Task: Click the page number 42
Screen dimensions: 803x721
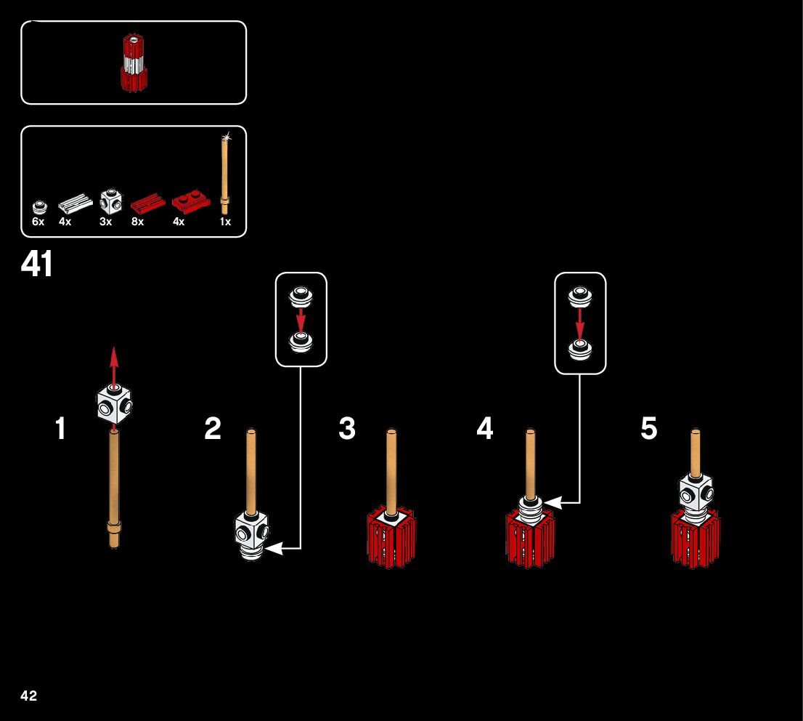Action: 29,696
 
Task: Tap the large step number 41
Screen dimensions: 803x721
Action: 37,265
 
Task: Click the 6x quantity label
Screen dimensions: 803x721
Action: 38,222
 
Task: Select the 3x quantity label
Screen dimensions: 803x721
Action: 106,222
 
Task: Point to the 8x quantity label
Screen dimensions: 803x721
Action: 137,222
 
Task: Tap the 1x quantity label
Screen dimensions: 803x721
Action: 225,222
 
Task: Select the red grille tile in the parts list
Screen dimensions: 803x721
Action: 147,202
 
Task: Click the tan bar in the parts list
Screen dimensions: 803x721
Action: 226,170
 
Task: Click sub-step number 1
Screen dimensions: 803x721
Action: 61,429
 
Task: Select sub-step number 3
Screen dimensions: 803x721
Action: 347,429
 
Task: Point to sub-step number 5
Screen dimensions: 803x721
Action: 648,429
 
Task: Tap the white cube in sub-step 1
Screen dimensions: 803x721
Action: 114,404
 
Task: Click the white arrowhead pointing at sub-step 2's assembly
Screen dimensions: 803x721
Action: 274,548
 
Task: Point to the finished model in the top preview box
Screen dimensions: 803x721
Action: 133,63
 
